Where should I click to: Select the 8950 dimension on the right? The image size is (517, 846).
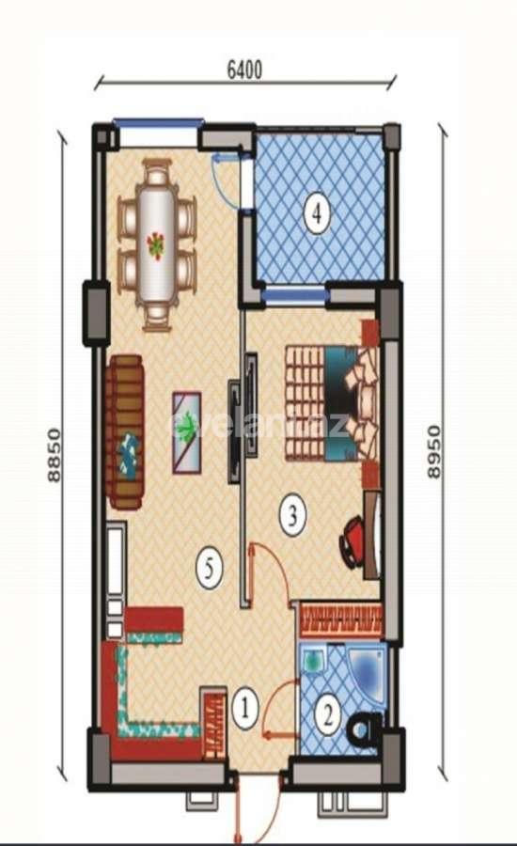pos(433,451)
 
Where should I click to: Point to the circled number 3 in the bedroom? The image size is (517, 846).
pos(292,514)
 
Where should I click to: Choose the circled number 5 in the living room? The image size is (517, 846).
pos(209,568)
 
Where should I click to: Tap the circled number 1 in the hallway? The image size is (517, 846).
pos(244,706)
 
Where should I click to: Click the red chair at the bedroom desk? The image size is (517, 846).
pos(354,543)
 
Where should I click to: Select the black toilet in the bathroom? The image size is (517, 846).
pos(365,728)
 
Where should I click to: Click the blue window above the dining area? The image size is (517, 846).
pos(158,122)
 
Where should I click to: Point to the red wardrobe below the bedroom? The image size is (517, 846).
pos(340,619)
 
